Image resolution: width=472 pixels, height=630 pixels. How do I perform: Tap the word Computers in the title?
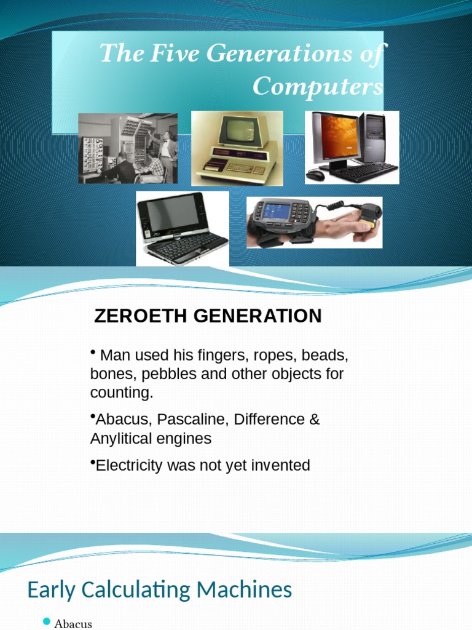click(318, 86)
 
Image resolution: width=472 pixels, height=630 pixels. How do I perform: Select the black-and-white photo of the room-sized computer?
click(128, 148)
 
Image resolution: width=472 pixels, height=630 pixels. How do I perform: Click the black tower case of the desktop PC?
click(373, 138)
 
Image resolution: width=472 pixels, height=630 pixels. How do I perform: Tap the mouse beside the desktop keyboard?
click(315, 175)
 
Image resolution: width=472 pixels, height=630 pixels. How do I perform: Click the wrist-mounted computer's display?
click(276, 213)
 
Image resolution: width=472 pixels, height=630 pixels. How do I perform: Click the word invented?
click(281, 466)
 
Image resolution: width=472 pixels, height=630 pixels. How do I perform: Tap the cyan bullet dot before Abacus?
click(47, 623)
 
